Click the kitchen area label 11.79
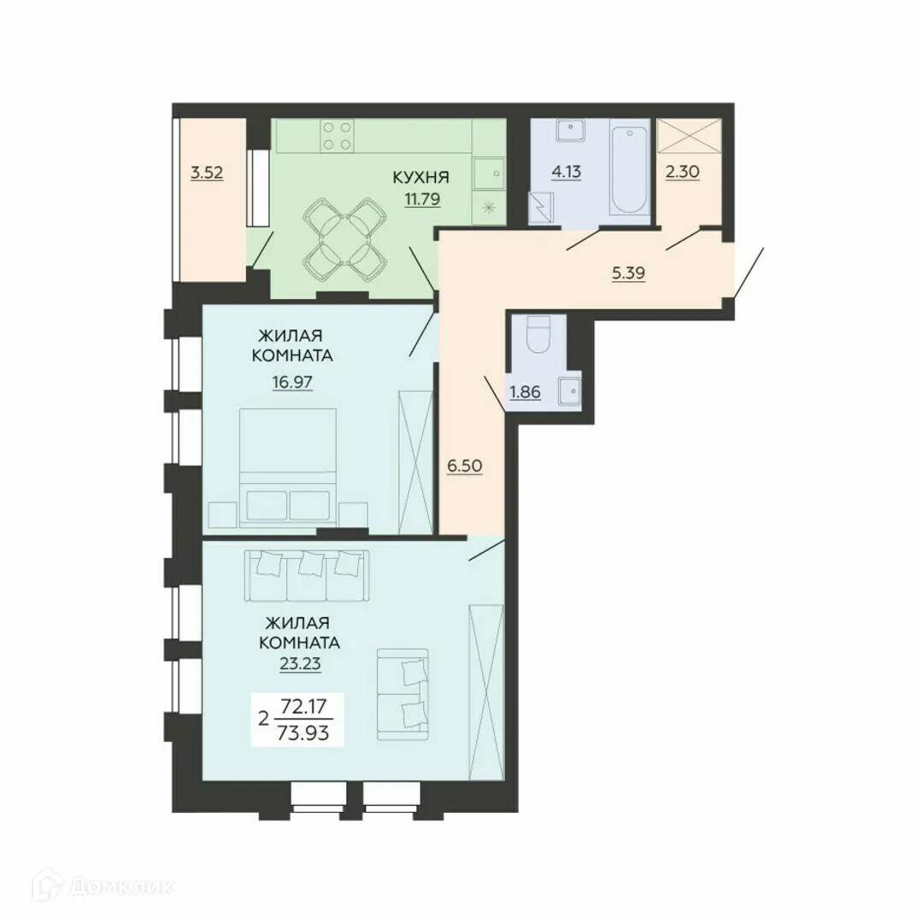(x=420, y=203)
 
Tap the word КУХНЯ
(x=420, y=179)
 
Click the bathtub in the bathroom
(x=631, y=170)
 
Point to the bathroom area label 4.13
(x=566, y=171)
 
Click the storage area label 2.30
(x=682, y=171)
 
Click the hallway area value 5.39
(x=628, y=273)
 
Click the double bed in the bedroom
(x=288, y=466)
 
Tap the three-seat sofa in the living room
(x=307, y=574)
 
